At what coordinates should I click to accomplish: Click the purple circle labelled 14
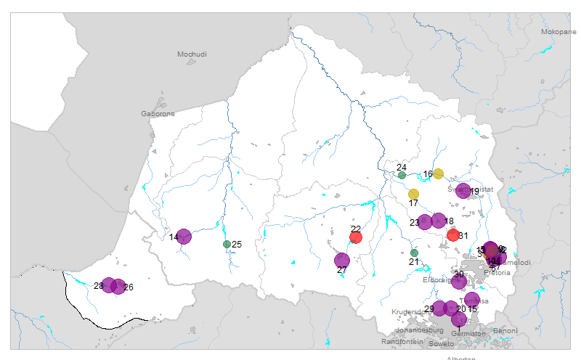tap(184, 236)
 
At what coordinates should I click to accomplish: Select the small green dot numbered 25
tap(227, 244)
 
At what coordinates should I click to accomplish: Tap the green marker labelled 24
tap(402, 175)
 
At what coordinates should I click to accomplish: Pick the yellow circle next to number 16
tap(439, 173)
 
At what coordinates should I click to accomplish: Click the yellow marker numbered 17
tap(413, 194)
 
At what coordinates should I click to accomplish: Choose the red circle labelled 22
tap(356, 237)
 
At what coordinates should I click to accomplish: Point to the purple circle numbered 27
tap(341, 260)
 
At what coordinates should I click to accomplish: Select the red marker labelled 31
tap(453, 234)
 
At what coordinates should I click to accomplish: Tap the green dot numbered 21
tap(414, 253)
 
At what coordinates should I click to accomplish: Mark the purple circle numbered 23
tap(425, 222)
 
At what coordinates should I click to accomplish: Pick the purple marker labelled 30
tap(458, 282)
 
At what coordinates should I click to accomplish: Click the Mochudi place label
tap(192, 54)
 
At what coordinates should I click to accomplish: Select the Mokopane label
tap(558, 32)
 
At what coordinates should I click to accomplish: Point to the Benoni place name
tap(505, 331)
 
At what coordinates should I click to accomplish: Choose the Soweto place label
tap(441, 343)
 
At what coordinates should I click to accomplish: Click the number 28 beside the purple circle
tap(99, 285)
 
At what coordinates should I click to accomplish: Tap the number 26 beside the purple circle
tap(129, 287)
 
